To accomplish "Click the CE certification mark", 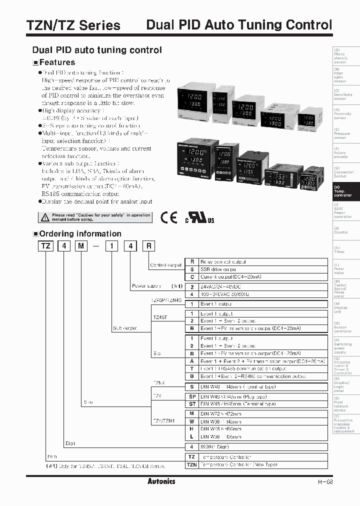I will [x=169, y=217].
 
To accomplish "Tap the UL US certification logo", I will [x=199, y=218].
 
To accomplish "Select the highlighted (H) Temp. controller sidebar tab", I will [x=346, y=190].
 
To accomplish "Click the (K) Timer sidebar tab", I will [x=346, y=250].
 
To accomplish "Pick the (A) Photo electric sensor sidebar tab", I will [x=346, y=56].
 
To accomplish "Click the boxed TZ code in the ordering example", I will [x=45, y=246].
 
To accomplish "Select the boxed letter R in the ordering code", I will [x=148, y=246].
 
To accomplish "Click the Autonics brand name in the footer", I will [x=161, y=481].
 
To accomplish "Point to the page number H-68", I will [x=325, y=482].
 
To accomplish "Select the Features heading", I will [x=56, y=62].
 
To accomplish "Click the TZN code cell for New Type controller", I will [x=191, y=465].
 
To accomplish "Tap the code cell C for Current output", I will [x=191, y=276].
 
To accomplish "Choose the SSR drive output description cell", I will [x=262, y=269].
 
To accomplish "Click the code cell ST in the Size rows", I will [x=191, y=404].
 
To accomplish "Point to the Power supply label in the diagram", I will [x=145, y=286].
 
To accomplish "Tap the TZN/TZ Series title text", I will [x=66, y=25].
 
